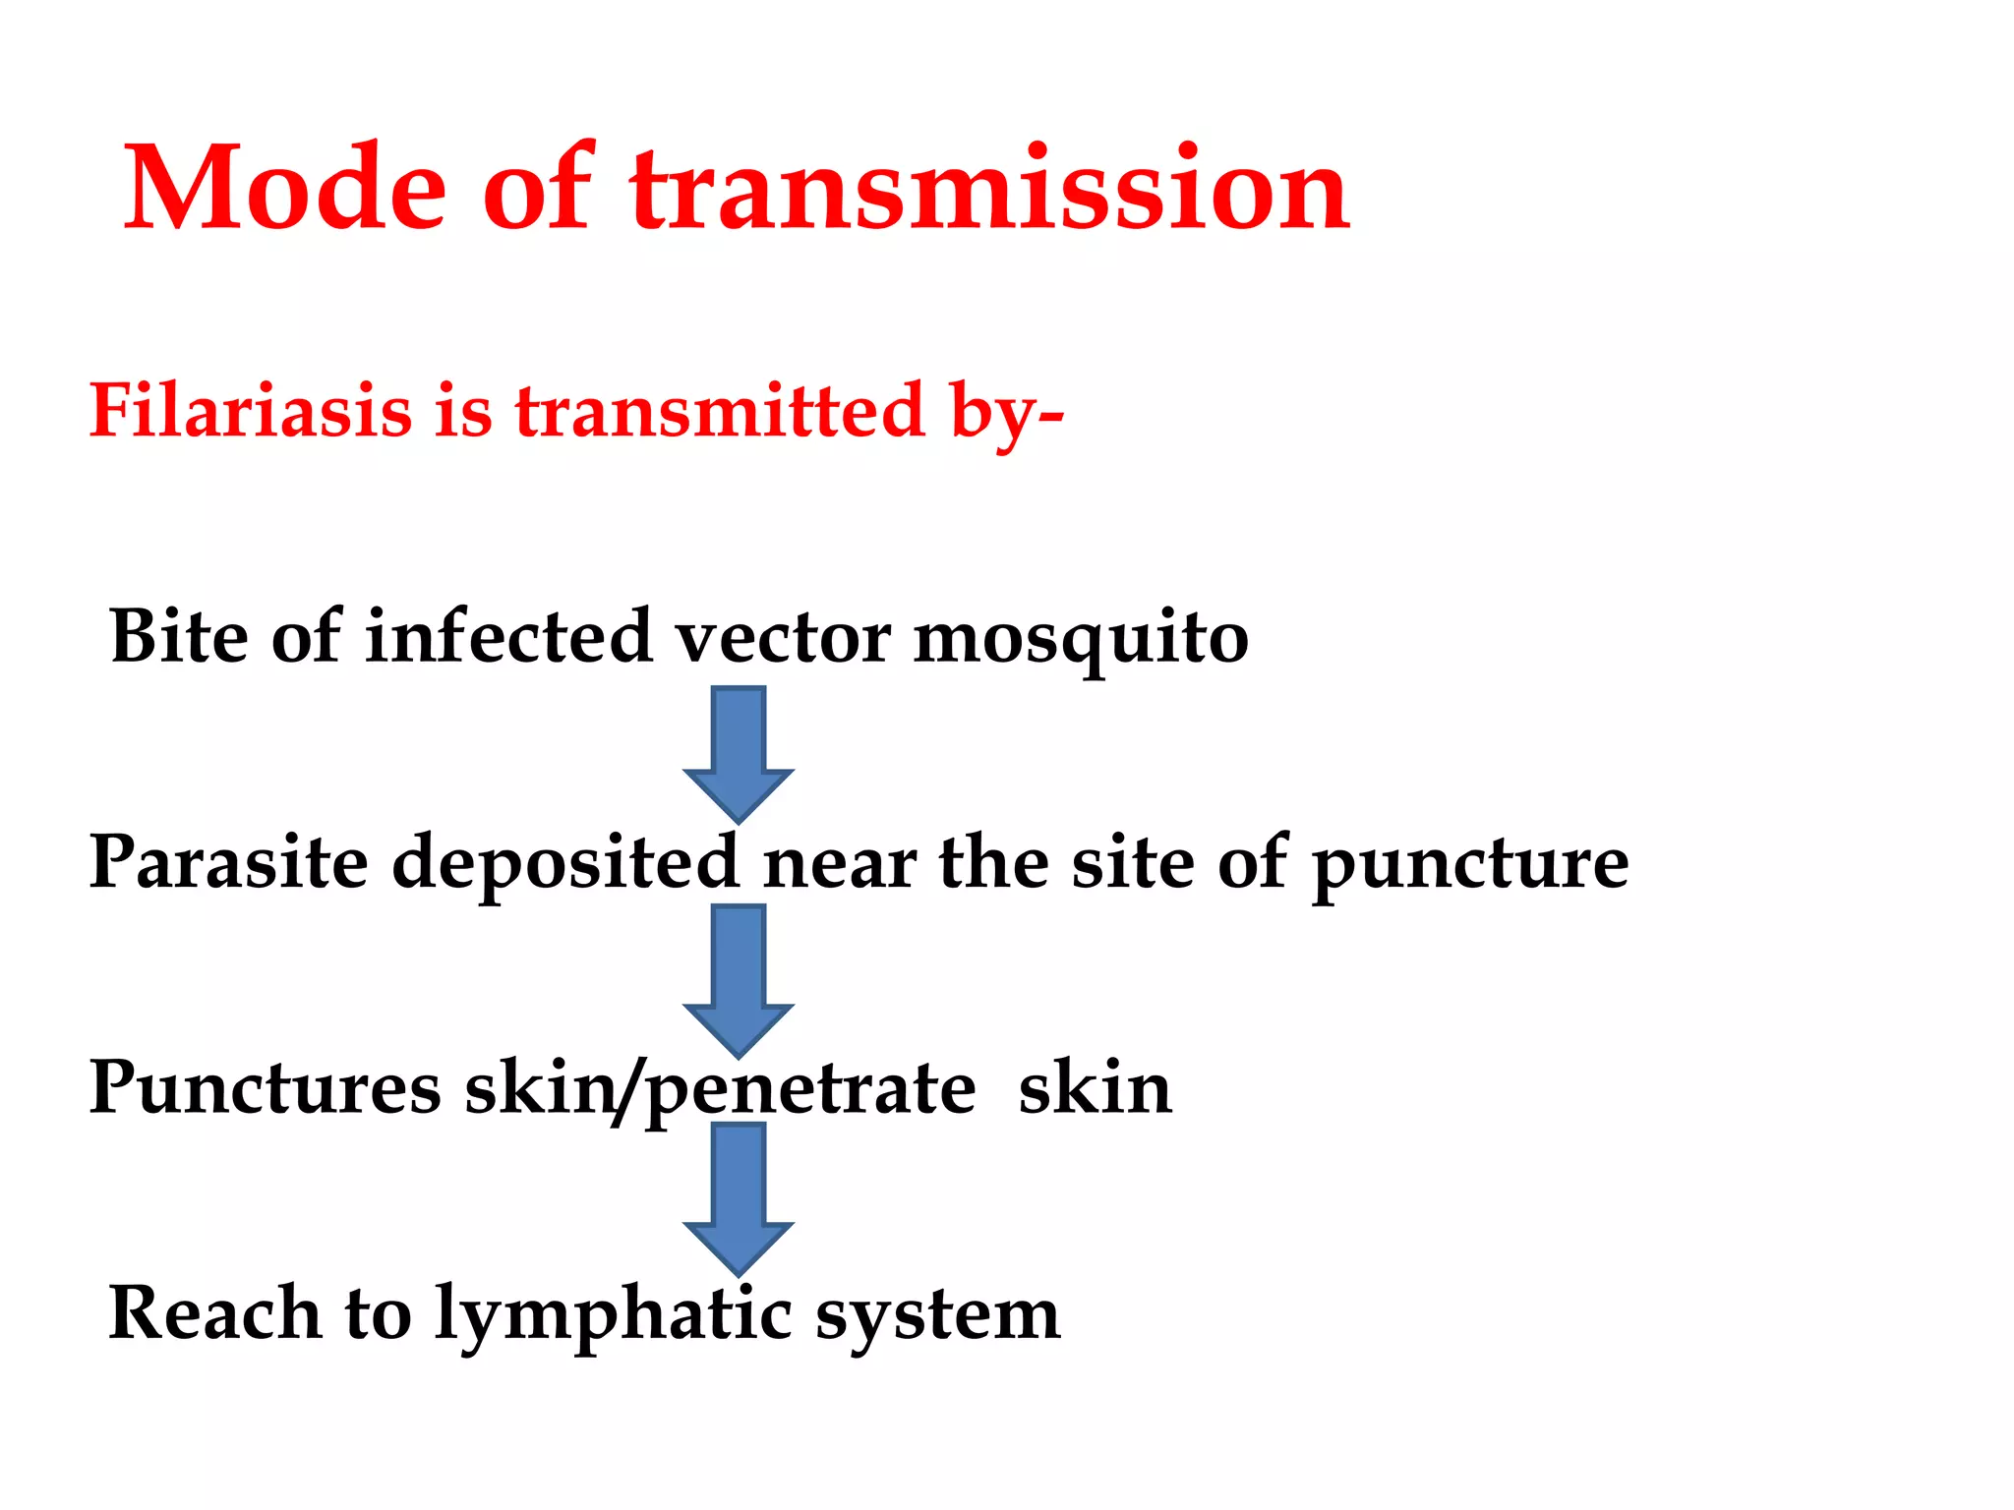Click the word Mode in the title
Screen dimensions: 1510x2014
click(x=285, y=189)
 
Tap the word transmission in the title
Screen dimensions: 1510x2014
click(x=989, y=189)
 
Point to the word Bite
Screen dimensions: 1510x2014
click(x=179, y=637)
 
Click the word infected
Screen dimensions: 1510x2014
click(x=508, y=637)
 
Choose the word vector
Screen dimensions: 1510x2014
click(x=783, y=637)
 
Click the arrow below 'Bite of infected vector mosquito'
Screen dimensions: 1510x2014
click(x=739, y=753)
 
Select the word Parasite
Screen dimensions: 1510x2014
click(x=228, y=862)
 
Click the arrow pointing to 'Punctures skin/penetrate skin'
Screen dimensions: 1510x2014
click(x=739, y=979)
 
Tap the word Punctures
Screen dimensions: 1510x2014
click(x=265, y=1088)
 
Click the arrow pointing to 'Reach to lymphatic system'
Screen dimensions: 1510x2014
click(x=739, y=1197)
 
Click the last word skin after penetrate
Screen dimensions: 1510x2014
click(x=1095, y=1088)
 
